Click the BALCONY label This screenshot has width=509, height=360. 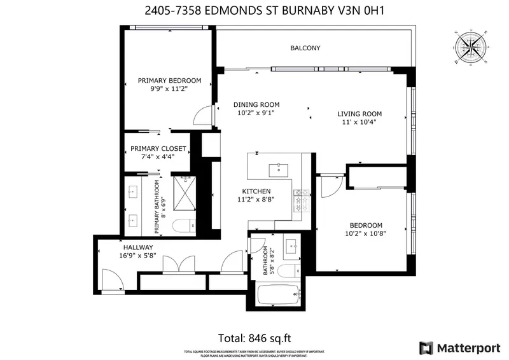pyautogui.click(x=305, y=48)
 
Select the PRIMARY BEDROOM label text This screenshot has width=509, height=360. pyautogui.click(x=169, y=81)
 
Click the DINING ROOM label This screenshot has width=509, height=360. pyautogui.click(x=256, y=105)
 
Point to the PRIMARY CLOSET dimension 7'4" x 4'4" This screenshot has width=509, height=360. pyautogui.click(x=153, y=156)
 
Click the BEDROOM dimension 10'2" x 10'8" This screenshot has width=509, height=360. pyautogui.click(x=366, y=233)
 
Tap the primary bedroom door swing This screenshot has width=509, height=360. pyautogui.click(x=202, y=116)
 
